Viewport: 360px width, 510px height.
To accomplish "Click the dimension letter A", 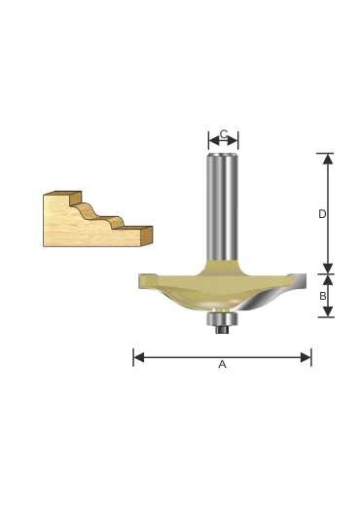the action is pyautogui.click(x=222, y=364).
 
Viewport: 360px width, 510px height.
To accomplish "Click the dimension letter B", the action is pyautogui.click(x=323, y=296).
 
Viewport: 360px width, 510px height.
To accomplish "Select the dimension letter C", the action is pyautogui.click(x=224, y=134).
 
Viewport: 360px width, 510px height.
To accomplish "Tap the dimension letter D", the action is pyautogui.click(x=322, y=214).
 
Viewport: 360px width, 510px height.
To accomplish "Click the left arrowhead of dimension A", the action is pyautogui.click(x=139, y=357).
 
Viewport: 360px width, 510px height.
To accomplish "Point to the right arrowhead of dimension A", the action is pyautogui.click(x=306, y=357).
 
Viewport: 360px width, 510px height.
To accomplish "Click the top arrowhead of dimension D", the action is pyautogui.click(x=329, y=159).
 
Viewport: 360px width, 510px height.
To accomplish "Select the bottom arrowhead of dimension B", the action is pyautogui.click(x=329, y=311).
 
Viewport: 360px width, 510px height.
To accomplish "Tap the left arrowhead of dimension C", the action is pyautogui.click(x=214, y=141).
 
